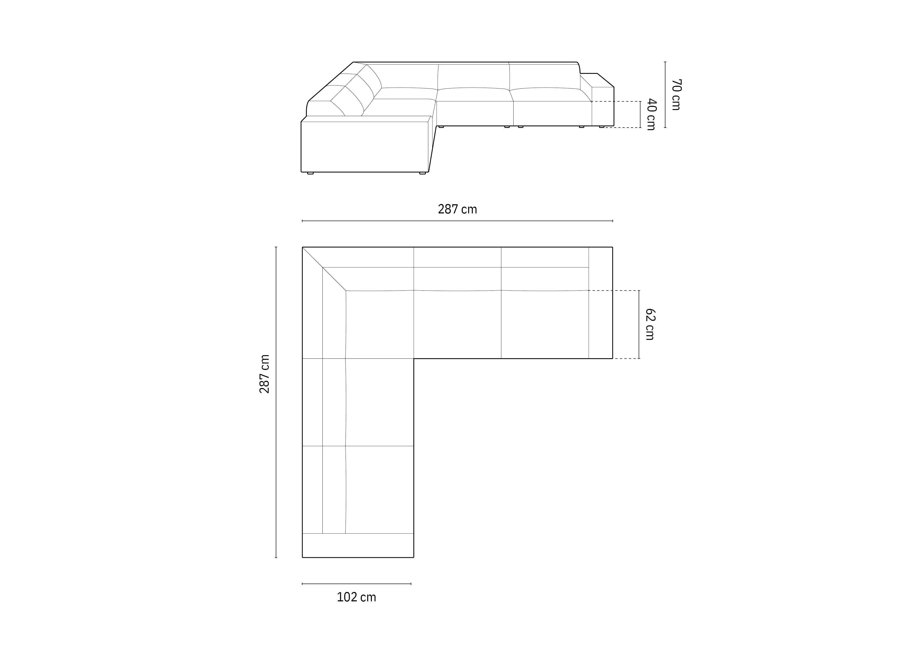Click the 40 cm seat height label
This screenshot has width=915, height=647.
(651, 115)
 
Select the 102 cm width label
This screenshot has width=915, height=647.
(356, 597)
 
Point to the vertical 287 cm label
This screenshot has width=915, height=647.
(265, 374)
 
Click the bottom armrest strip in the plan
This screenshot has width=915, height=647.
(358, 545)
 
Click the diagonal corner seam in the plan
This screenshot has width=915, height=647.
(324, 268)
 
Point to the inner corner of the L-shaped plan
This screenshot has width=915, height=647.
(414, 359)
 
